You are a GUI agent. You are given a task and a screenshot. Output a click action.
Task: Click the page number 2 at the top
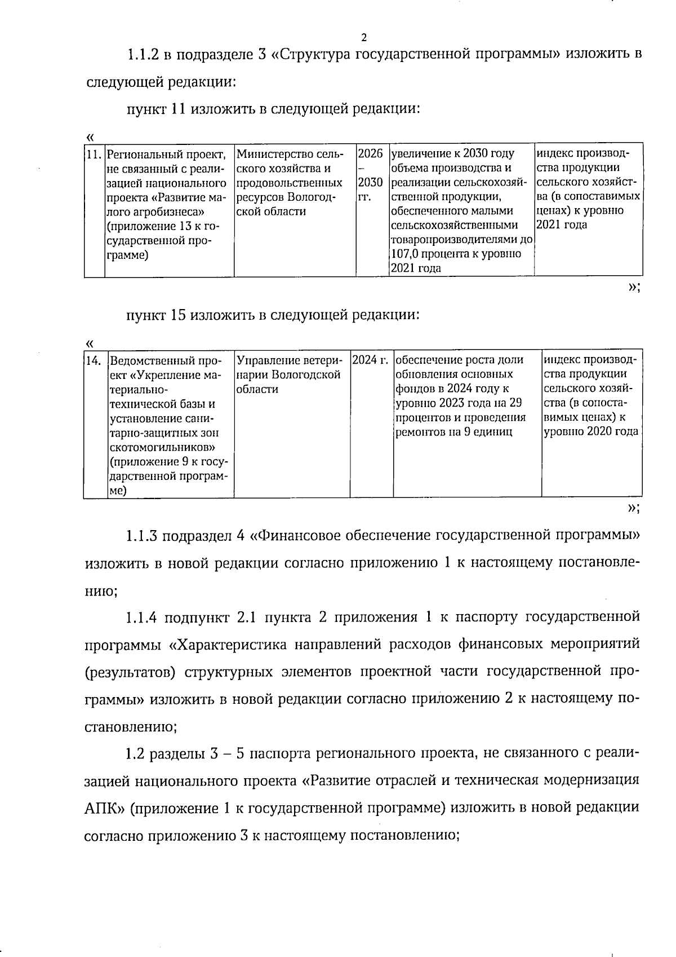(363, 38)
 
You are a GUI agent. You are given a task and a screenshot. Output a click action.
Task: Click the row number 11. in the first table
(94, 154)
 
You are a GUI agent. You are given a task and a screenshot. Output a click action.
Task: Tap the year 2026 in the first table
(371, 154)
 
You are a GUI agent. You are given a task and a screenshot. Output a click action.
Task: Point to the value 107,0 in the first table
(406, 254)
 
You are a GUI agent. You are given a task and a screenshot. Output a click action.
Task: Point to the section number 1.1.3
(143, 535)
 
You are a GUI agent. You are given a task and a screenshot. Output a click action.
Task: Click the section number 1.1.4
(143, 617)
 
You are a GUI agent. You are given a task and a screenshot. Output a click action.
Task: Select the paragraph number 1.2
(135, 753)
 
